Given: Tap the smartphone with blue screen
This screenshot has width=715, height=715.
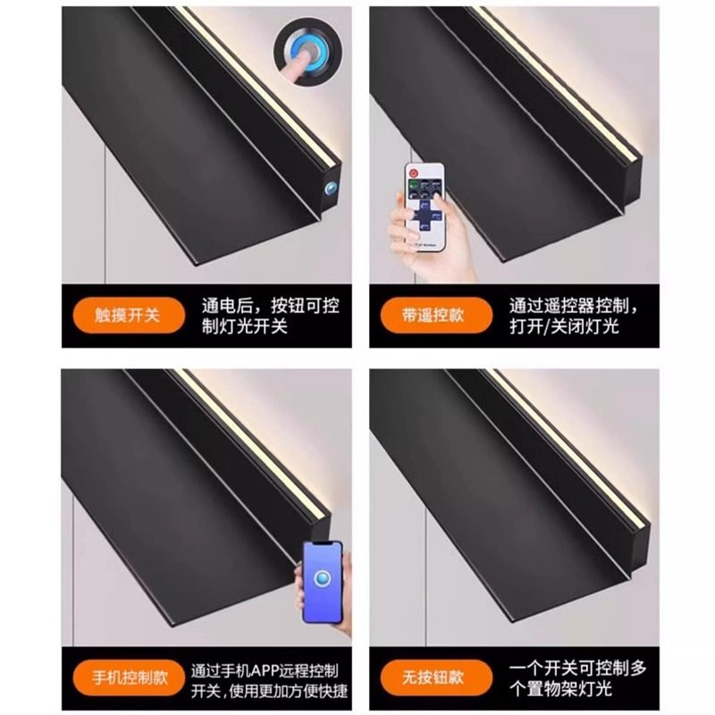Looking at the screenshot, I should coord(323,584).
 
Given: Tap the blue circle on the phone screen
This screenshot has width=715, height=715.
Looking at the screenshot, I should coord(323,576).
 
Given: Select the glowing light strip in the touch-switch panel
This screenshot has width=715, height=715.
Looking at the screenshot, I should coord(259,89).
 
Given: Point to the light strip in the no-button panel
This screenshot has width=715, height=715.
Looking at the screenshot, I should coord(572,447).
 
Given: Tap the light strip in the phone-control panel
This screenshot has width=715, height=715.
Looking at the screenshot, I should coord(259,447).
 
